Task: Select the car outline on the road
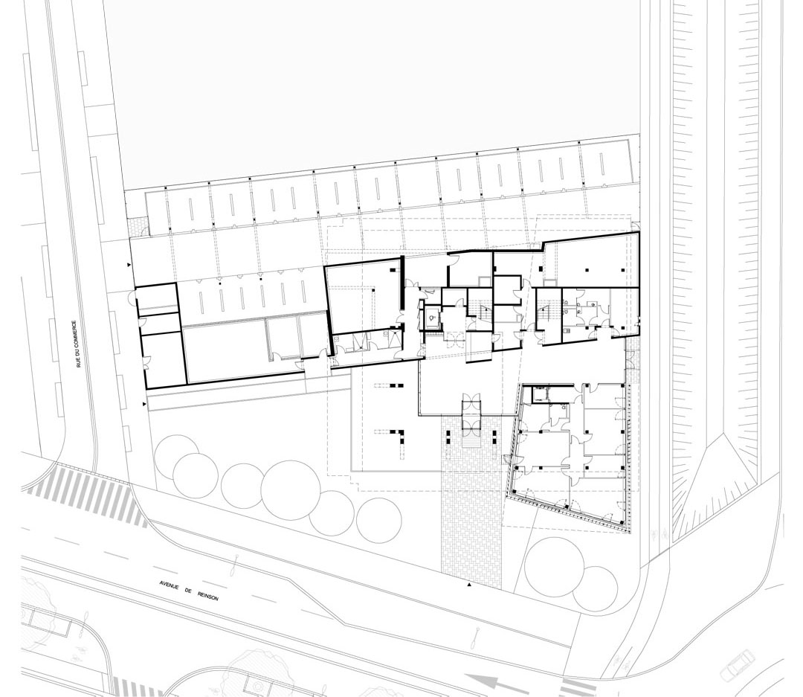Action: coord(735,664)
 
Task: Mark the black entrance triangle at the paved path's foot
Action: coord(468,584)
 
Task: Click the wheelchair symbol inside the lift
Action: coord(433,318)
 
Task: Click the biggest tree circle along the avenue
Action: coord(288,487)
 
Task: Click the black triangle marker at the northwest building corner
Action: coord(129,265)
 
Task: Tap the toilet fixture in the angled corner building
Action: coord(564,408)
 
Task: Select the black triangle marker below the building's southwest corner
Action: coord(144,405)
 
